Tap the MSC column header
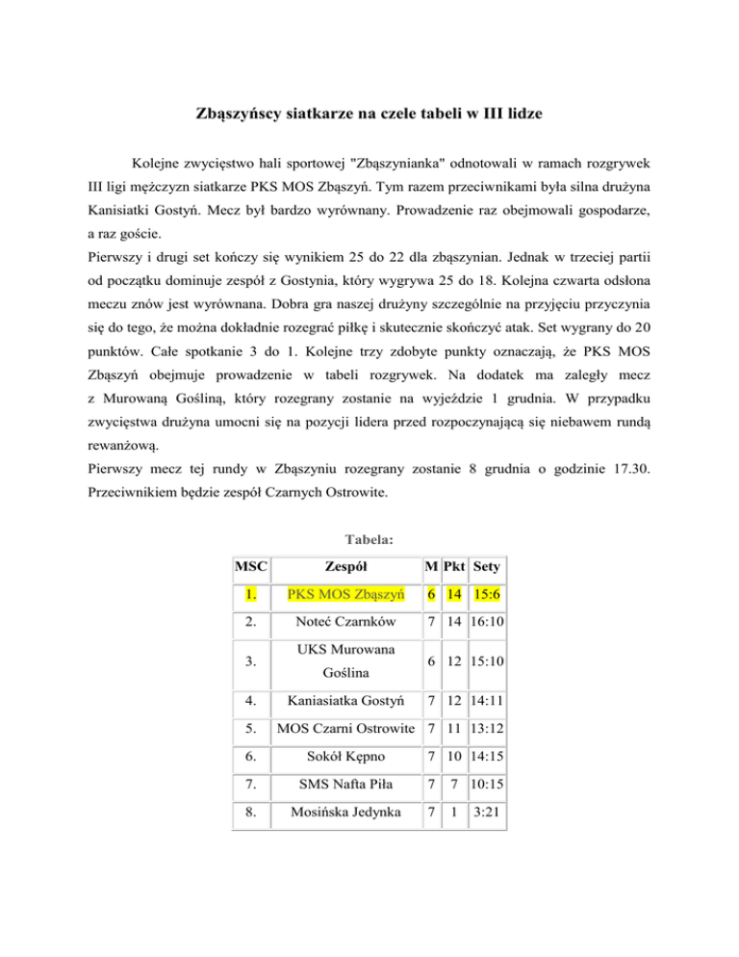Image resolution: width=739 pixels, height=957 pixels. pyautogui.click(x=251, y=568)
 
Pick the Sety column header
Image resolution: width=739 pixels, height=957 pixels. pyautogui.click(x=487, y=568)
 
